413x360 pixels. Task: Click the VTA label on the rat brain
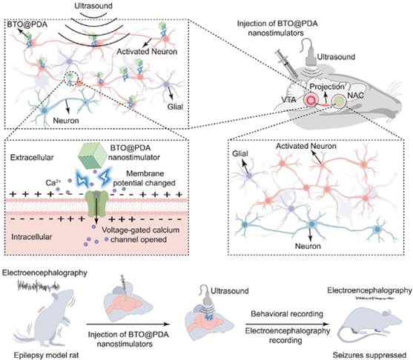288,100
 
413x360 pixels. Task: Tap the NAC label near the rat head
356,96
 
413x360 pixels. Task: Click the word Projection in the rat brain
327,87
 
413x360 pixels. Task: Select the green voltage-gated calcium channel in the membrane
96,204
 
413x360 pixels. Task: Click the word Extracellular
32,158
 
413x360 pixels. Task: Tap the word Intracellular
32,237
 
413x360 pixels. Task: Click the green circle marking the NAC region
339,101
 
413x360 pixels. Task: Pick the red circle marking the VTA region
311,100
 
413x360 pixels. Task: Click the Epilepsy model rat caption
46,355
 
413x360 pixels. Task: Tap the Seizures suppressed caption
369,355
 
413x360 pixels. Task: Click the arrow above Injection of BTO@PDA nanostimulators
128,324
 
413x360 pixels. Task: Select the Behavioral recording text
287,313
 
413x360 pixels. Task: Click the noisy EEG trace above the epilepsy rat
39,285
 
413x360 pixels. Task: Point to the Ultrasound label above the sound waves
93,5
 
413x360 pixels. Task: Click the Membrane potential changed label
144,179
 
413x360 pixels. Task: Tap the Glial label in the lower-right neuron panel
240,153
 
